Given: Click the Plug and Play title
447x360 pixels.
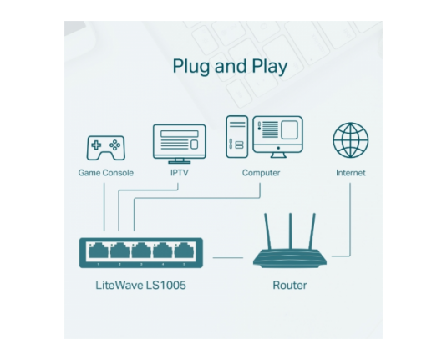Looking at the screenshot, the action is point(230,67).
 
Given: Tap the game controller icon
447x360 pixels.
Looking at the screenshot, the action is point(106,148).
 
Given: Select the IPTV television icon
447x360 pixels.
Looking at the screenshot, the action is point(180,144).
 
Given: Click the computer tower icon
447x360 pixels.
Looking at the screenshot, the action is point(237,136).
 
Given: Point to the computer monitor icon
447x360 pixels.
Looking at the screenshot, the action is point(277,136).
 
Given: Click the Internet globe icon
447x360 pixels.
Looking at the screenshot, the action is point(350,140).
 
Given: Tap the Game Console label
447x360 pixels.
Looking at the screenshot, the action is point(106,173).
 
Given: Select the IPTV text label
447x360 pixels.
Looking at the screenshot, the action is point(180,173).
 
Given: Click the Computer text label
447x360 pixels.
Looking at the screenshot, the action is point(262,173).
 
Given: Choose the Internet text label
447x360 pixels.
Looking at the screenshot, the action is point(351,173).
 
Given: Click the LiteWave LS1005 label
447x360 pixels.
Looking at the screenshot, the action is point(140,285).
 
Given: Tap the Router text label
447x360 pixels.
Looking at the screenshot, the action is point(290,285).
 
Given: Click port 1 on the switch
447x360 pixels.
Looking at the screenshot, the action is point(99,251).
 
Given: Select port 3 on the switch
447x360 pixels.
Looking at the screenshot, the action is point(141,251).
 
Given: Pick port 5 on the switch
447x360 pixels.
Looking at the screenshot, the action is point(184,251).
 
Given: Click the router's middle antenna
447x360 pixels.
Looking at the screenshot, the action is point(290,231).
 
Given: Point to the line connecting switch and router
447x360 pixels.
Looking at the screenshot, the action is point(228,257).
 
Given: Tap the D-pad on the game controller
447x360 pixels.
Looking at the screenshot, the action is point(96,145).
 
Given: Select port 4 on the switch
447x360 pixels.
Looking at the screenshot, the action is point(162,251).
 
